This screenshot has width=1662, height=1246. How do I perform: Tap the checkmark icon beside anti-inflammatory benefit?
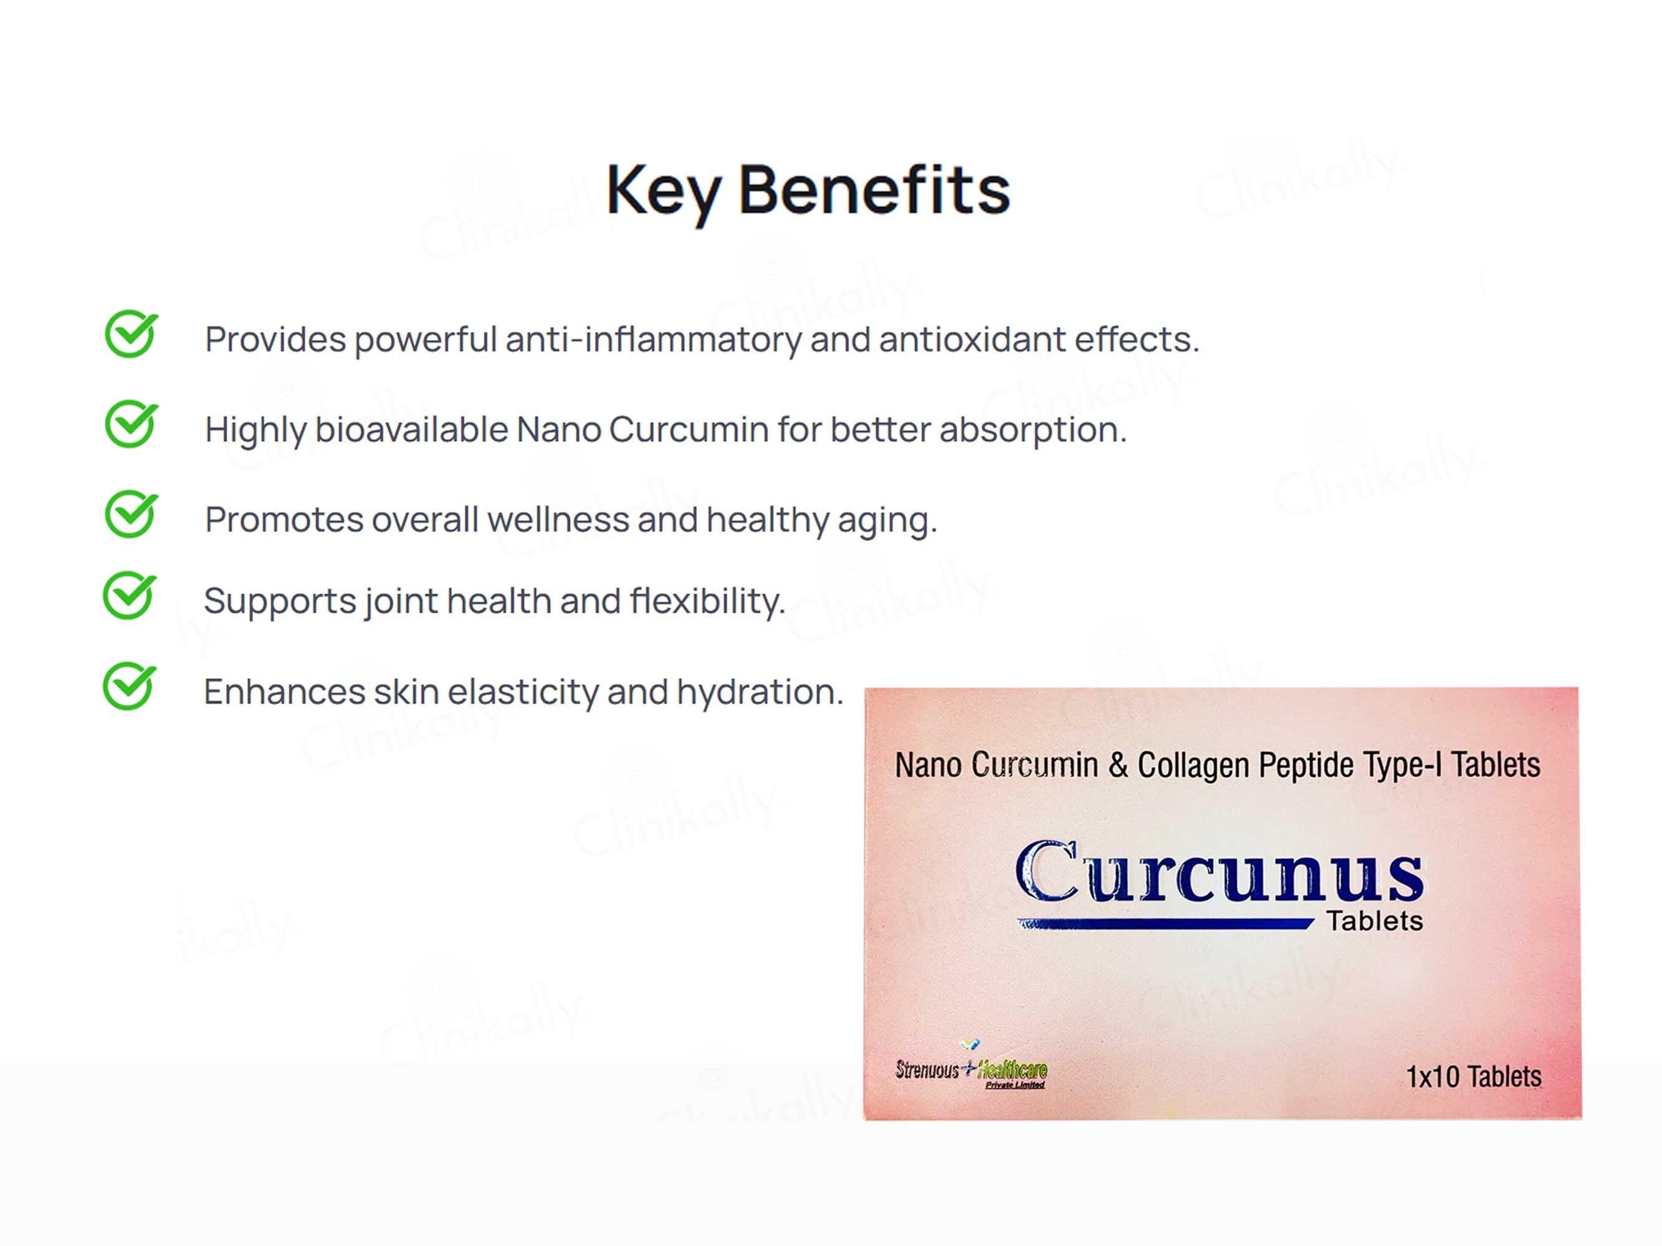click(131, 334)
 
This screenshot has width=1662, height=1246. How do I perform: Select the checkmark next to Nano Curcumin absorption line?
click(131, 424)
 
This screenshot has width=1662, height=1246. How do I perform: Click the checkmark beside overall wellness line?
click(131, 515)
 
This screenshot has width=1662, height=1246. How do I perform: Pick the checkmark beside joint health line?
click(129, 596)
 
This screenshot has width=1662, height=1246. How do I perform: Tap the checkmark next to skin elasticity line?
click(129, 687)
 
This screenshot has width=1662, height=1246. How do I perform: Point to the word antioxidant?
click(972, 340)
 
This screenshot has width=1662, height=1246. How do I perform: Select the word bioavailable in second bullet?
click(412, 430)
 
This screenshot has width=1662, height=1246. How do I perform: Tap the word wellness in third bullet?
click(558, 520)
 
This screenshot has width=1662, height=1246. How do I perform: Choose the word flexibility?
click(707, 601)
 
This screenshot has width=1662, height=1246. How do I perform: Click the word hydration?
click(760, 692)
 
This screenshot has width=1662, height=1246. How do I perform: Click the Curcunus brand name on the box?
click(1219, 873)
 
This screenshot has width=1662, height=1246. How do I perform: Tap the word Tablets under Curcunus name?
click(1374, 921)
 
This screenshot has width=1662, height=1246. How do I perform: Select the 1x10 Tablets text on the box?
click(1473, 1077)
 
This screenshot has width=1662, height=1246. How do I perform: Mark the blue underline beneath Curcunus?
click(1165, 925)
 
